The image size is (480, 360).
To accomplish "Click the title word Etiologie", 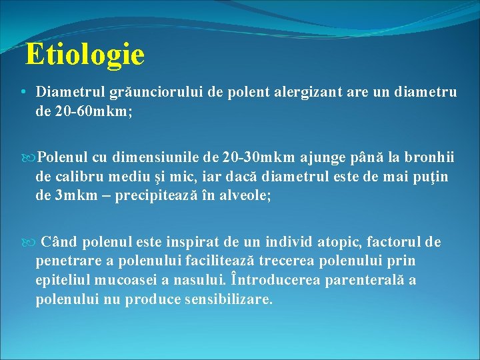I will (85, 55).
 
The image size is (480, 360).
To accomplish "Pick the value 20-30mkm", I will (259, 157).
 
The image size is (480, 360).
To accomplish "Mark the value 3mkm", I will (74, 197).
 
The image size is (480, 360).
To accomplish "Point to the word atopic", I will (341, 241).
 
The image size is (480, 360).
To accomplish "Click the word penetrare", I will (67, 261).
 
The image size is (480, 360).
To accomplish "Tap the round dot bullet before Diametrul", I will (23, 92).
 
